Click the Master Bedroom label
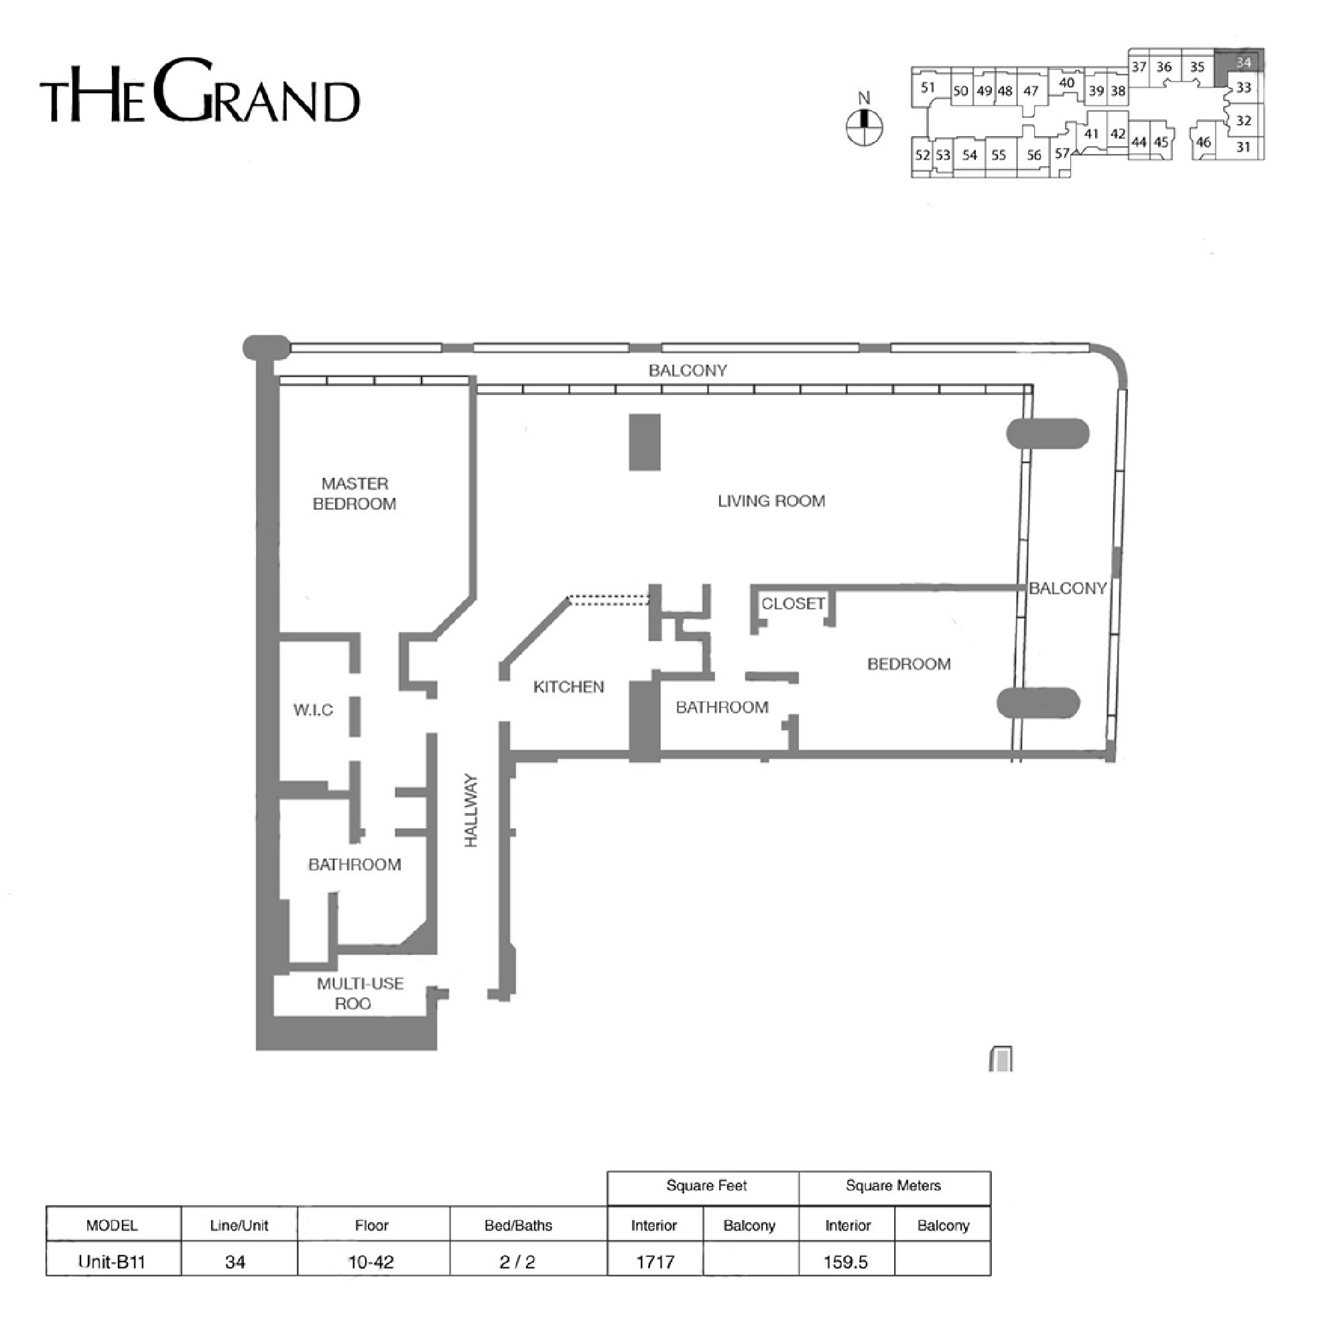click(355, 494)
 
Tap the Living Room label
click(771, 501)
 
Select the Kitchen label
click(569, 687)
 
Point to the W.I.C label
click(313, 711)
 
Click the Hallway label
click(471, 810)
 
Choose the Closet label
click(793, 604)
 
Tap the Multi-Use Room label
click(360, 993)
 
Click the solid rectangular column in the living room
click(645, 442)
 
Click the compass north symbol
click(864, 119)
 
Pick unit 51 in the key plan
click(928, 87)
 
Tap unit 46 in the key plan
click(1204, 142)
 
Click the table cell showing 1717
click(655, 1262)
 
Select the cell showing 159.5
click(846, 1262)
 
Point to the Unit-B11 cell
click(112, 1262)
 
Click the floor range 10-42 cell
click(371, 1262)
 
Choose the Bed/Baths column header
click(519, 1225)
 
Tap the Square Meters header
click(893, 1186)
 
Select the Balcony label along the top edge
click(688, 371)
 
